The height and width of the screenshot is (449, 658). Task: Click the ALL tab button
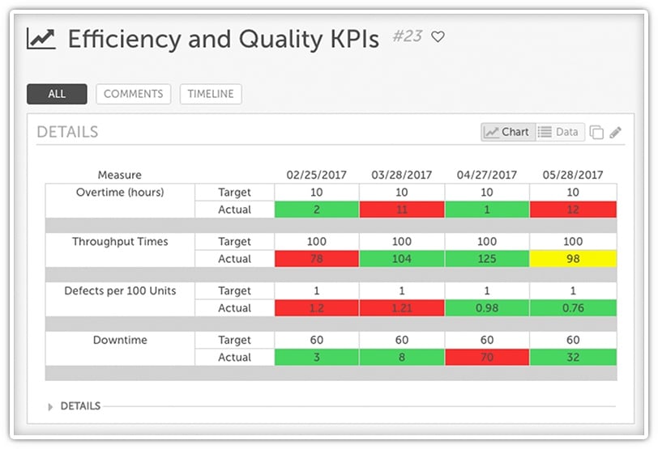click(x=57, y=94)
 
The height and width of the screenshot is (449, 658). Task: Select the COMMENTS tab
click(x=134, y=94)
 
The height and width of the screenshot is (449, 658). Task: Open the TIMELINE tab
click(x=211, y=94)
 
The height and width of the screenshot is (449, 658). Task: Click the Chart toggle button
click(x=507, y=132)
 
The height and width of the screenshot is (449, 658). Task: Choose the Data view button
click(x=559, y=132)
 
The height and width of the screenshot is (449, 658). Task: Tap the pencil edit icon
click(x=616, y=133)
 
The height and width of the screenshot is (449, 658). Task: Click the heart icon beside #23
click(x=438, y=37)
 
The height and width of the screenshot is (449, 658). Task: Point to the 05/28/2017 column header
click(x=573, y=175)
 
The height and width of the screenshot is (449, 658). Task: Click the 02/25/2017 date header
click(x=317, y=175)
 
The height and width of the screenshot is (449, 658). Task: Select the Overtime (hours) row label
click(x=120, y=193)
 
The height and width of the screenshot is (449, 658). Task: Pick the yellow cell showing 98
click(x=573, y=259)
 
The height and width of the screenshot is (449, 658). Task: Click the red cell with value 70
click(x=486, y=358)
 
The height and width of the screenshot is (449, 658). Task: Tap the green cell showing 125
click(x=486, y=259)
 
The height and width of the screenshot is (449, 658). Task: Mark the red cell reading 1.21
click(x=402, y=308)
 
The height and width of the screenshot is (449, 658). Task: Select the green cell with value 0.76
click(x=573, y=308)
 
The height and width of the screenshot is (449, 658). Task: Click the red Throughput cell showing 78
click(x=317, y=259)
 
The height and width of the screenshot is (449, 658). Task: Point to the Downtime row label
click(x=120, y=341)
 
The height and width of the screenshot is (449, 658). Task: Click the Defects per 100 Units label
click(x=120, y=291)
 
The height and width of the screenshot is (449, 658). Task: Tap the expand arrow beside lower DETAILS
click(x=51, y=406)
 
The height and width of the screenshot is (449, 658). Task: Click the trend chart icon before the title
click(x=41, y=39)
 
